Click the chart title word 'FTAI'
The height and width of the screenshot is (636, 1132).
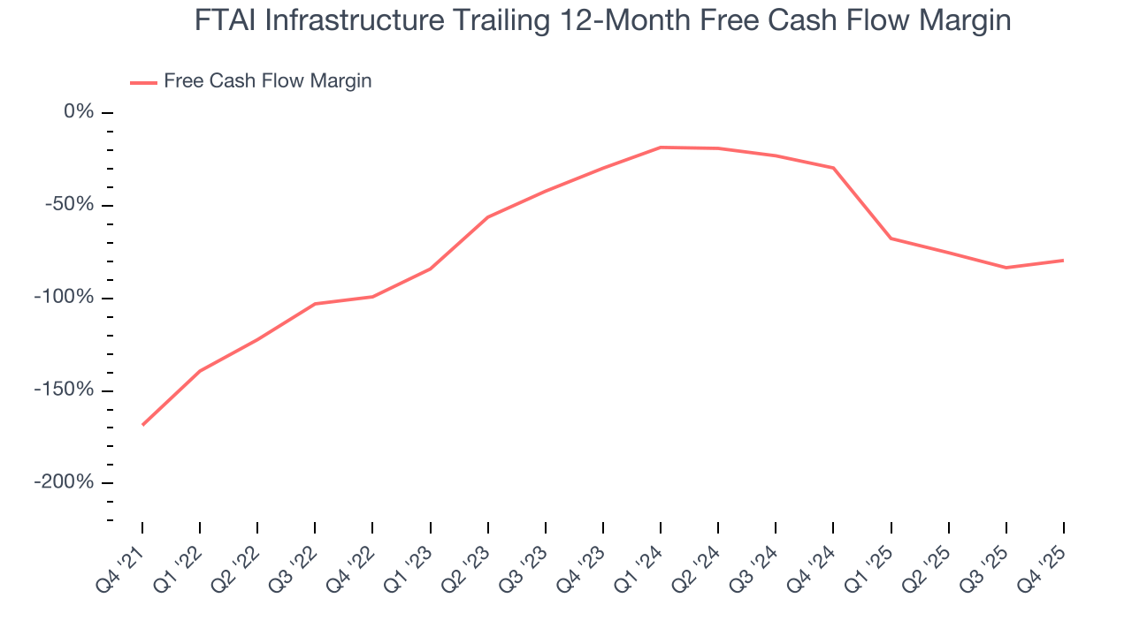click(x=229, y=20)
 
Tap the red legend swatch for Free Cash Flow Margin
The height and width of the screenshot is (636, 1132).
click(x=143, y=82)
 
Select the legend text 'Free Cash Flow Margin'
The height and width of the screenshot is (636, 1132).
click(x=267, y=81)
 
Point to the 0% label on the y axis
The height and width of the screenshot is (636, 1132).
click(x=79, y=112)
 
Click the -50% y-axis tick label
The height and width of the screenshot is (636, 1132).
click(x=70, y=205)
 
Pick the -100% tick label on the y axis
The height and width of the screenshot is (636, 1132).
click(x=64, y=298)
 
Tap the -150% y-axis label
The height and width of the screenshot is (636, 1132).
click(x=64, y=390)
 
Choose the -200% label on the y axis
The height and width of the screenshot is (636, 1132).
click(x=64, y=482)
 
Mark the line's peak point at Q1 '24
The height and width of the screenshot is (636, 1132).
click(x=661, y=148)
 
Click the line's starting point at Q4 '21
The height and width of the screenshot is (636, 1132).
click(x=142, y=425)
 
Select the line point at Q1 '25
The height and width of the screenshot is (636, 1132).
click(x=891, y=238)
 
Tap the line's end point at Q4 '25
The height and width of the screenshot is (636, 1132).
click(x=1063, y=261)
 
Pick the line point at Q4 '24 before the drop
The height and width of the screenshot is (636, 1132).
click(x=833, y=168)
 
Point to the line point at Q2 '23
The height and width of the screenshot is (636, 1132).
click(x=488, y=217)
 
